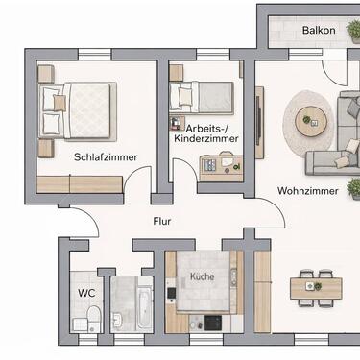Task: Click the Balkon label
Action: coord(318,30)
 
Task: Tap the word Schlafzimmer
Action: coord(105,156)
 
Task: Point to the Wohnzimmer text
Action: coord(307,191)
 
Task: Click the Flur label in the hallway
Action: coord(163,221)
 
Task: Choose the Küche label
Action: coord(202,276)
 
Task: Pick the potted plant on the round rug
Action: coord(307,121)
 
